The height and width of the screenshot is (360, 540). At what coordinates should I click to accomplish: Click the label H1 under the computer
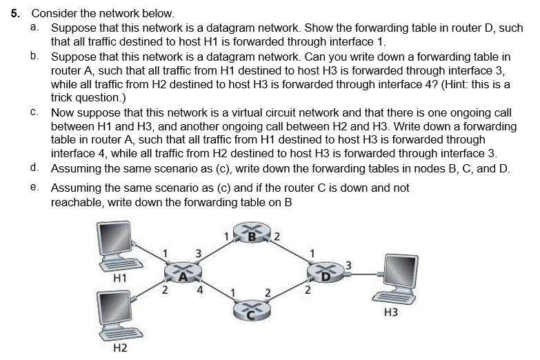(x=119, y=278)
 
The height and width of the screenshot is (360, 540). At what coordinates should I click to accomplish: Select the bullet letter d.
(x=34, y=168)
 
